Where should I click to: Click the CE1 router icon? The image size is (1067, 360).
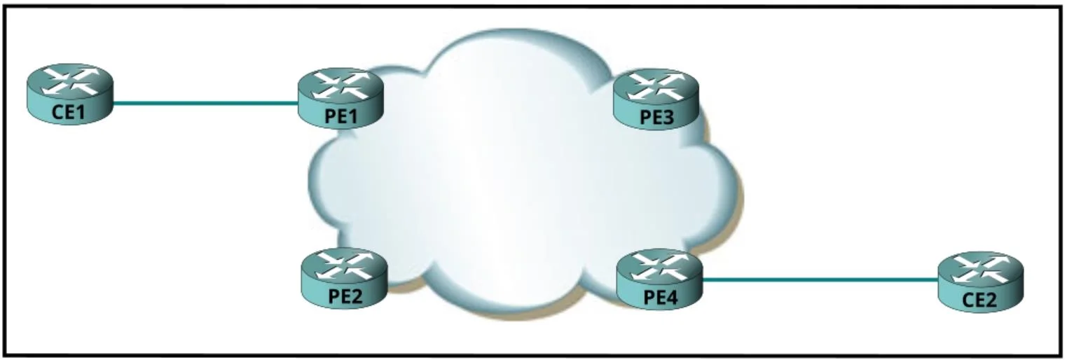coord(70,94)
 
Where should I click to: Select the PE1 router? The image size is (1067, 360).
coord(340,97)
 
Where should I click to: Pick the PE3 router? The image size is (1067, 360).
coord(656,99)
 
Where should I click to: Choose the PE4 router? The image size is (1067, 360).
coord(660,279)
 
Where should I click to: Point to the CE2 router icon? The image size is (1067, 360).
coord(980,282)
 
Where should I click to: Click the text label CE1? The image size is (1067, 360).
coord(68,112)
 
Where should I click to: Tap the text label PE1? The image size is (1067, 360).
coord(340,117)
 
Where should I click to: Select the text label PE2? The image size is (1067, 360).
coord(345,296)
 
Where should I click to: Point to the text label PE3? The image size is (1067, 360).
coord(657,118)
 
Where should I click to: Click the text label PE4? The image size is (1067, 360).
coord(660,298)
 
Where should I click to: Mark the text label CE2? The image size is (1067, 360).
coord(979,300)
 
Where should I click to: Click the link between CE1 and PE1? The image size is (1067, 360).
coord(206,103)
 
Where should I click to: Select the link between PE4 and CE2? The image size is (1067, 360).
coord(820,280)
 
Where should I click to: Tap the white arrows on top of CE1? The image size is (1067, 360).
coord(71,80)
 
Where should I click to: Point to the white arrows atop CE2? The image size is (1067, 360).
coord(980,268)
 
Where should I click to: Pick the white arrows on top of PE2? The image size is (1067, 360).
coord(345,264)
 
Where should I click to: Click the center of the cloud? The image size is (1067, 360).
coord(524,176)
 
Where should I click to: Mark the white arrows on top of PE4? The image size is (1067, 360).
coord(660,265)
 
